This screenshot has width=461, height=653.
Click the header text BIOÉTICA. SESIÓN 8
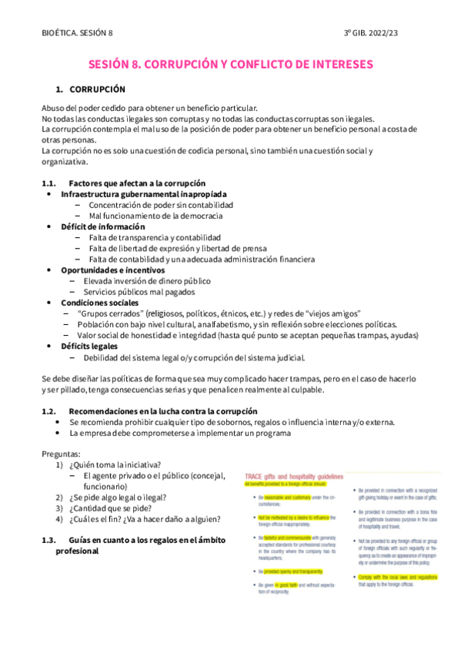[x=77, y=32]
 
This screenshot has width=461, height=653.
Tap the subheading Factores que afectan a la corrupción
[x=137, y=183]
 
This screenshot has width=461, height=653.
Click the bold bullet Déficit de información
[x=102, y=227]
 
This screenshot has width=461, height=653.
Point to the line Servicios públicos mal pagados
[x=139, y=292]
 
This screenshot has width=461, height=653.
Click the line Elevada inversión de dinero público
[x=147, y=281]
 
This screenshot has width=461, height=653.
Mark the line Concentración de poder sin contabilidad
[x=161, y=206]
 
